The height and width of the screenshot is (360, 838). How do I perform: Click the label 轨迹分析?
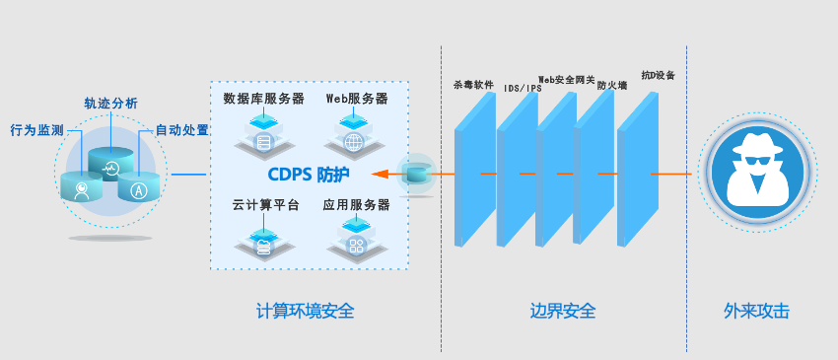coord(110,104)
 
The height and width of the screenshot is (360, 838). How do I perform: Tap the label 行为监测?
coord(36,130)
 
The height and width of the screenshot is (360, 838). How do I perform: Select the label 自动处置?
coord(181,130)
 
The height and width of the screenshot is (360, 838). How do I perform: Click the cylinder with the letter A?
coord(139,186)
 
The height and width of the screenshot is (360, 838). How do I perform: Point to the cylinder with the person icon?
coord(81,186)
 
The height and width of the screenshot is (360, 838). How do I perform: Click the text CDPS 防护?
coord(309,175)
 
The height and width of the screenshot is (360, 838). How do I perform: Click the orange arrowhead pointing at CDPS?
coord(380,174)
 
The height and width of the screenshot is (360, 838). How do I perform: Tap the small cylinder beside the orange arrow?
coord(416,174)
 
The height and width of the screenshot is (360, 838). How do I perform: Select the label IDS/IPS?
coord(523,88)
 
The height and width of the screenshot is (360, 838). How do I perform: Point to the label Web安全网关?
coord(567,79)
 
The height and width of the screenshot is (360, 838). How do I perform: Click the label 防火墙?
coord(612,85)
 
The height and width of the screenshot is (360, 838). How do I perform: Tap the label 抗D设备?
coord(659,75)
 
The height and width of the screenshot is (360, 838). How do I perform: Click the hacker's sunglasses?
coord(757,160)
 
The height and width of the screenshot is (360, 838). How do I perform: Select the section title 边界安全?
coord(563,311)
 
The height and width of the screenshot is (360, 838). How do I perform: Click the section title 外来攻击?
coord(756,311)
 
